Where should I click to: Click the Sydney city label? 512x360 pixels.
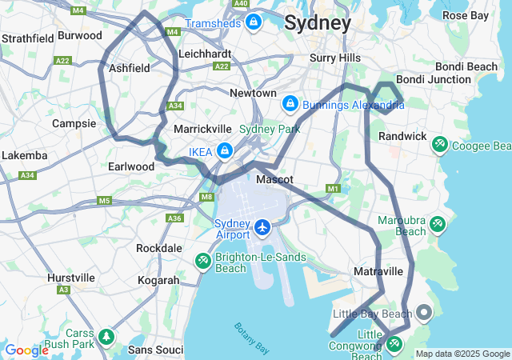(318, 23)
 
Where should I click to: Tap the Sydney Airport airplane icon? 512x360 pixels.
(262, 229)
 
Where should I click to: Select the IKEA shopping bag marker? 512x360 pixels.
(225, 150)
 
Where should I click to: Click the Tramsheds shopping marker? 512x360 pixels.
(254, 22)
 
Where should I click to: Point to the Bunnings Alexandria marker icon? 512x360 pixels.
(290, 104)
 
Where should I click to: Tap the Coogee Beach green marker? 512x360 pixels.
(439, 145)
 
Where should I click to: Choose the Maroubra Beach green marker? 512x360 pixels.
(438, 224)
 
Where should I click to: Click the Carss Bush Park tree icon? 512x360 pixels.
(106, 337)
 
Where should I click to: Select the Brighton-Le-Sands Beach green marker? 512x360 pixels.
(203, 261)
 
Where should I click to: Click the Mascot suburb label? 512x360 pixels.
(274, 180)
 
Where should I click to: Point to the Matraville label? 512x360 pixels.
(378, 272)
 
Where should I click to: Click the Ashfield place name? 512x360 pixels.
(129, 69)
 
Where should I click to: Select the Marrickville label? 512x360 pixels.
(202, 129)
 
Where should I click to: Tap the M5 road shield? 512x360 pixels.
(105, 201)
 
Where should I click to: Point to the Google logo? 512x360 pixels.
(26, 350)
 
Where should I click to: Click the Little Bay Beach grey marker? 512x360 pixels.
(423, 311)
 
